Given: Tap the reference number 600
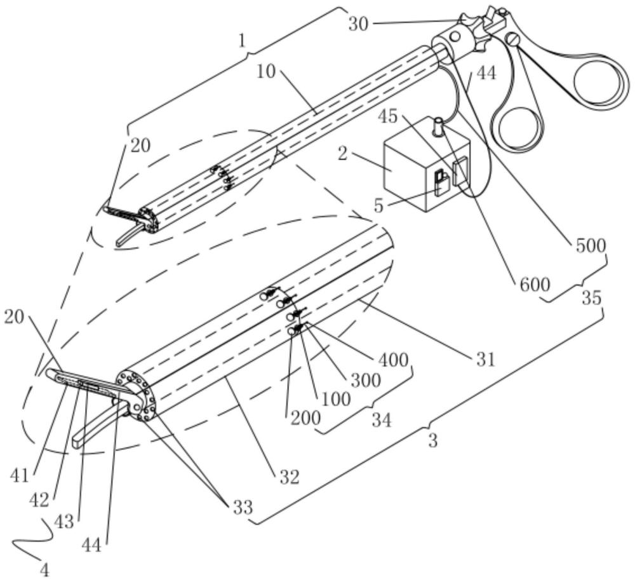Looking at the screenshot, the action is point(535,285).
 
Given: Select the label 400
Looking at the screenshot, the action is point(392,359).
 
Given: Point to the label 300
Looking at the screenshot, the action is point(365,380).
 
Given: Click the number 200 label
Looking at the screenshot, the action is point(305,417).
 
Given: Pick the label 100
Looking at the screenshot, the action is point(336,399).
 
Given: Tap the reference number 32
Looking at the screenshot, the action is point(289,477).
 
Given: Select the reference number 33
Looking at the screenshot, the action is point(242,507).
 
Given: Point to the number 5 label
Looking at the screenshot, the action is point(378,206).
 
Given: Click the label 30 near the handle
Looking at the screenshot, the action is point(358,24).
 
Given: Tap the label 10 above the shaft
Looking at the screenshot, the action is point(265,72).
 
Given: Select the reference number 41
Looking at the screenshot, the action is point(20,475).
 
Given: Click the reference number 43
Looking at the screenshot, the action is point(63,521).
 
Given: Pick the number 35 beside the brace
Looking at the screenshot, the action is point(591,298).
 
